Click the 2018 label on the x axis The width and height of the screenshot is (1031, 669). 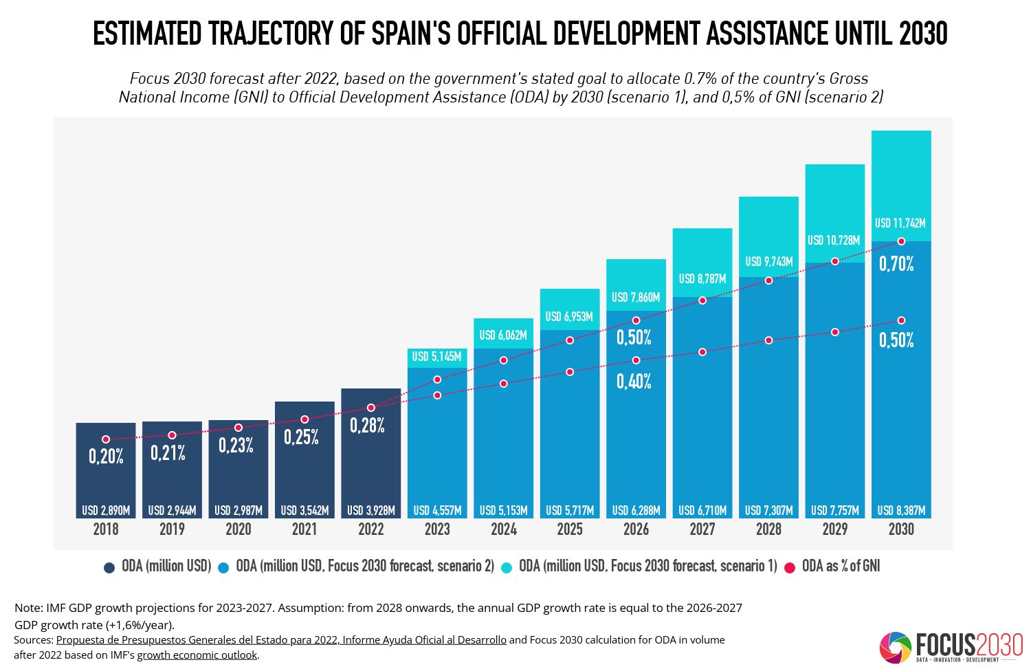point(106,529)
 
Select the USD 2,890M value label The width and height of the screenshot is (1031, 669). point(106,511)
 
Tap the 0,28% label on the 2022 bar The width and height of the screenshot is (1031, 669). point(367,426)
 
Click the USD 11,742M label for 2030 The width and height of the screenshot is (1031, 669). point(900,223)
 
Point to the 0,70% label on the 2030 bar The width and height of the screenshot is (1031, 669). point(896,264)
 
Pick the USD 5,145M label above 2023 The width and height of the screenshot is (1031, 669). point(436,357)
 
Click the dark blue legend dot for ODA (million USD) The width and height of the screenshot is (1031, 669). point(109,567)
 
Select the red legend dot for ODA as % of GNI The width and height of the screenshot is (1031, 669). point(790,567)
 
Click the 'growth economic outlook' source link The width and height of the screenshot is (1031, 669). point(197,655)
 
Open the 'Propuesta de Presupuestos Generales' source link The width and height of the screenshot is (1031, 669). point(281,640)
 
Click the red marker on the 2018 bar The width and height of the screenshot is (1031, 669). point(106,439)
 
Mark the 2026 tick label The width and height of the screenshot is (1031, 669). point(636,529)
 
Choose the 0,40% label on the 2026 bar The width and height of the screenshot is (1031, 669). point(634,382)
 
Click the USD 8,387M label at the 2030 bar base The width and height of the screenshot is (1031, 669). point(901,511)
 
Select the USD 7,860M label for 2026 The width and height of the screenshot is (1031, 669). point(636,298)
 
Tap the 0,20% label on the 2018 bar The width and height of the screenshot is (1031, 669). point(106,456)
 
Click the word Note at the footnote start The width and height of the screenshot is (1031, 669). point(27,608)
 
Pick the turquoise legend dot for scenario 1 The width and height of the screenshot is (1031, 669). point(507,567)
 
